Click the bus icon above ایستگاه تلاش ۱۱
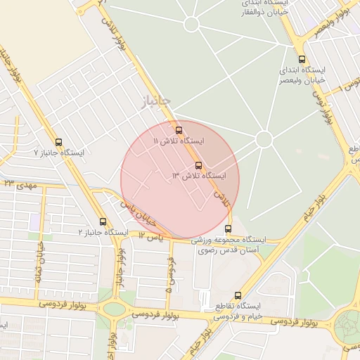tap(179, 130)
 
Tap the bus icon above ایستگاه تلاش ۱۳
tap(198, 165)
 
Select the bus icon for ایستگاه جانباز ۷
tap(58, 141)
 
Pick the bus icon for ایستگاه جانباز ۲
tap(103, 221)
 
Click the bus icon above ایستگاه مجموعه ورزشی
tap(228, 229)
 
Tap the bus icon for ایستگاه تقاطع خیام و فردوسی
tap(237, 296)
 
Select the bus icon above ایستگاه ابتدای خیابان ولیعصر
tap(302, 60)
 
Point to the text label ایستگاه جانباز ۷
tap(59, 153)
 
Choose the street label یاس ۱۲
tap(150, 238)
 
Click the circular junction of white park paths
tap(264, 139)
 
